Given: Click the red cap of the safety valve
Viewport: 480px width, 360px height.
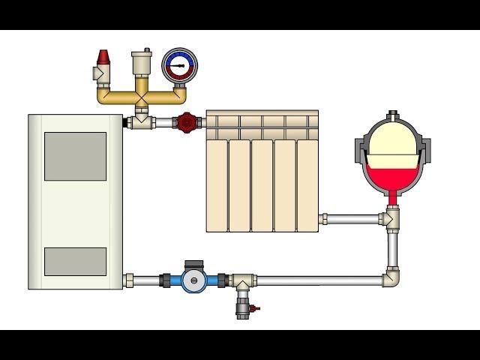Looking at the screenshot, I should [x=103, y=57].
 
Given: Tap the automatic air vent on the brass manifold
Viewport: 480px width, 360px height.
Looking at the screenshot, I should [x=140, y=63].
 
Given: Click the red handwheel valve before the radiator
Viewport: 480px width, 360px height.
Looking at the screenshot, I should [x=185, y=121].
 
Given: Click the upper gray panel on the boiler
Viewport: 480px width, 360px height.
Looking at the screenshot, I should [x=75, y=156].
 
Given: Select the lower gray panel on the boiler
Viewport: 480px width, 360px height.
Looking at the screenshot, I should [x=75, y=260].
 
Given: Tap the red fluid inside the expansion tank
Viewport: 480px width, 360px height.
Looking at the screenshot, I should [x=392, y=180].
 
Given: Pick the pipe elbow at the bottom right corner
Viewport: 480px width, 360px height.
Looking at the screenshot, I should [x=393, y=278].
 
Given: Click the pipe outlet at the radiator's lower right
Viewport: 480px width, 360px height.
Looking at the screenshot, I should [x=323, y=219].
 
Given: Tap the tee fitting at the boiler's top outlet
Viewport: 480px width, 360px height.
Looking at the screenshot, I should [x=139, y=121].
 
